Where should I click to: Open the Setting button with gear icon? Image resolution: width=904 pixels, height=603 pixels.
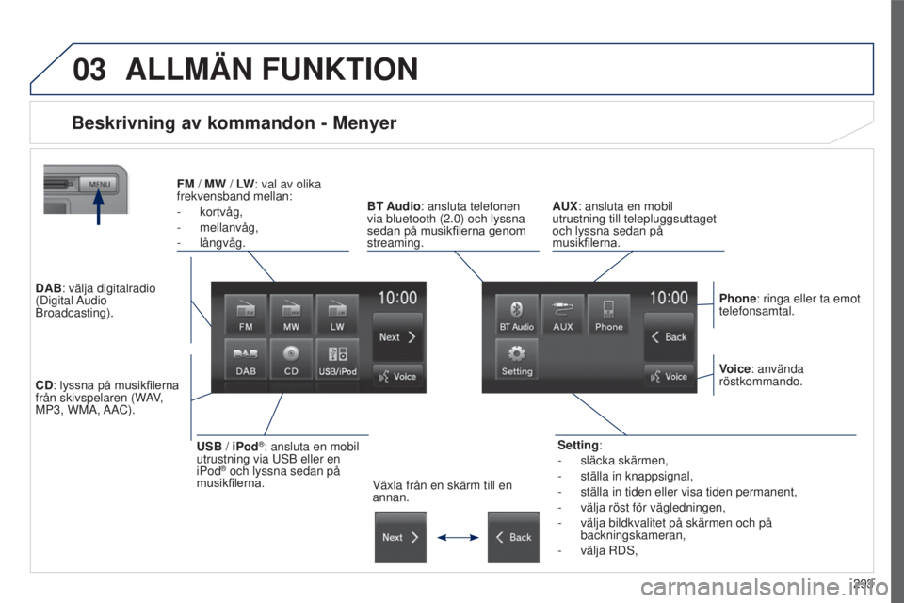coord(516,360)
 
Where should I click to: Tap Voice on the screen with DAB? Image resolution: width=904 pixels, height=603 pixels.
coord(397,376)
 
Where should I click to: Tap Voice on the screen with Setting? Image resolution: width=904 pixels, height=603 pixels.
coord(669,376)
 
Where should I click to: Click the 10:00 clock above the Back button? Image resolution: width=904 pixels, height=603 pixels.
coord(669,298)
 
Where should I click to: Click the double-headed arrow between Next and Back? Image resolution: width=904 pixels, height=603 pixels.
coord(457,537)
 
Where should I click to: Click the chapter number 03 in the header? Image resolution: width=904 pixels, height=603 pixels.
coord(89,70)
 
